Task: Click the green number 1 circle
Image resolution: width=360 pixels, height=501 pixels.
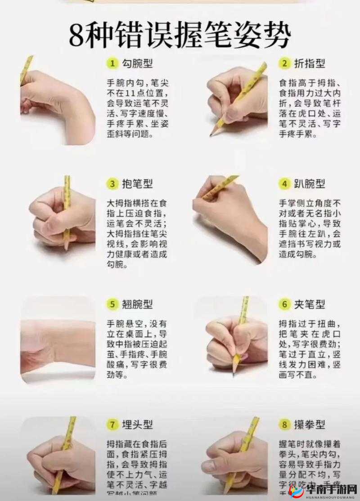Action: coord(112,63)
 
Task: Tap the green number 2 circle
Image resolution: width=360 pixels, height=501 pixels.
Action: coord(284,63)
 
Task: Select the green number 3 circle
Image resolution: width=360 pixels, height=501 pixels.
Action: coord(112,183)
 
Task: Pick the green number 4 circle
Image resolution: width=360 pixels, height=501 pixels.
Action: coord(284,183)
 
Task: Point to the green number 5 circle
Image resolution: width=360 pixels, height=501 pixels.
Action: coord(112,304)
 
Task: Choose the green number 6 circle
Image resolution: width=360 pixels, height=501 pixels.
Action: coord(284,304)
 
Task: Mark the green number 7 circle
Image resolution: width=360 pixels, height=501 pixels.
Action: coord(112,424)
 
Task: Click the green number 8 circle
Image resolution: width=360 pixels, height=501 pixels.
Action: coord(284,424)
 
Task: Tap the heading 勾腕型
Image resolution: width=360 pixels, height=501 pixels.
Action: coord(137,63)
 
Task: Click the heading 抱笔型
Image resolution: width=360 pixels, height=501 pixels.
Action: coord(137,183)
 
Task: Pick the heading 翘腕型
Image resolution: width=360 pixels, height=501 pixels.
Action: coord(137,304)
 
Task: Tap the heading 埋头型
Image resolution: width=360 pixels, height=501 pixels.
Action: coord(137,424)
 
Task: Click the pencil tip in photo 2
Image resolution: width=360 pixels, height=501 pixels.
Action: coord(211,135)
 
